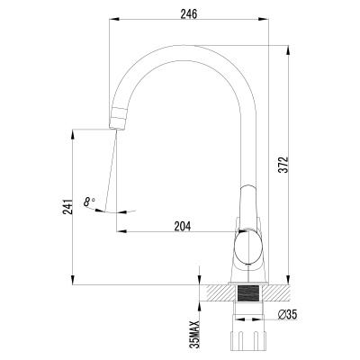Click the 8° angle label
pos(88,202)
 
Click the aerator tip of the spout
pos(121,118)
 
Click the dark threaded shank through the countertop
pos(247,295)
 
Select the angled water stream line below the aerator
pos(111,166)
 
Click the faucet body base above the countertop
pos(247,275)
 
